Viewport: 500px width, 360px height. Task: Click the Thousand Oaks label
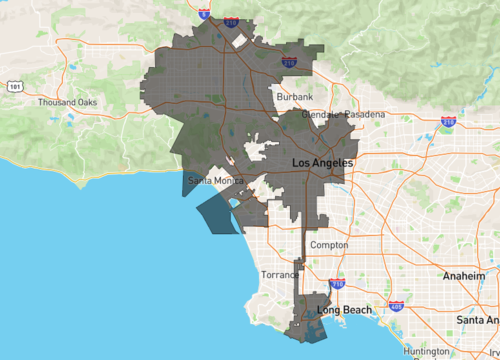(x=66, y=103)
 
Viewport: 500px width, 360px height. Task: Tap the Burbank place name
(x=295, y=96)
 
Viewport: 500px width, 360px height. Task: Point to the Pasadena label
(x=365, y=115)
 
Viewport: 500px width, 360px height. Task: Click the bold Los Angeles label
(x=321, y=162)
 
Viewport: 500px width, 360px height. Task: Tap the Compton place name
(x=329, y=245)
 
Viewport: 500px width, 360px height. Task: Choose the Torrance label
(x=280, y=274)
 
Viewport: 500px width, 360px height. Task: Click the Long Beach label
(x=344, y=310)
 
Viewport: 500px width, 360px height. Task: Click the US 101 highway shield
(x=14, y=87)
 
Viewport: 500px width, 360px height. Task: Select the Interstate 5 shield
(x=204, y=14)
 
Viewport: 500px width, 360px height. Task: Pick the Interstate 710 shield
(x=337, y=285)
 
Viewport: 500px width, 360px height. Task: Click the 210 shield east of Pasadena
(x=449, y=122)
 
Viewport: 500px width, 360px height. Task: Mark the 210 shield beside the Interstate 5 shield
(x=231, y=19)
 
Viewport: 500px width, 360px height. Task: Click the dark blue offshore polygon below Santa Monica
(x=219, y=214)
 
